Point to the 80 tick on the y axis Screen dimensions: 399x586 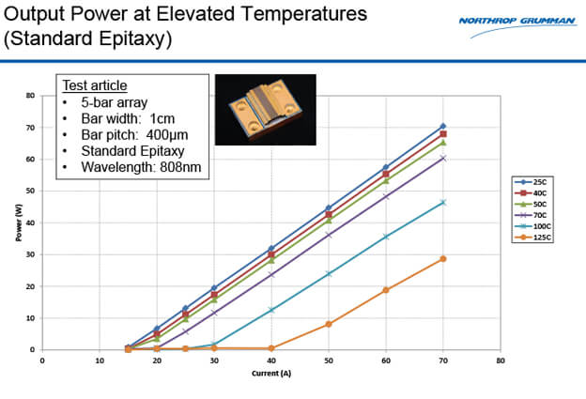tap(31, 96)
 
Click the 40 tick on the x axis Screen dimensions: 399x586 tap(271, 360)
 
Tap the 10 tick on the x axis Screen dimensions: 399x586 tap(100, 360)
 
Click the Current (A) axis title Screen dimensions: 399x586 tap(270, 373)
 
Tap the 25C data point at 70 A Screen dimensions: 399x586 tap(443, 126)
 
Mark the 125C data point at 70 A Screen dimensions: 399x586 tap(443, 258)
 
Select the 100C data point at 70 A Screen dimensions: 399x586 tap(443, 203)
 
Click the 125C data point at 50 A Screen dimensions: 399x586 tap(329, 324)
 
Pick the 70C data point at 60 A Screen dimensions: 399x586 tap(386, 196)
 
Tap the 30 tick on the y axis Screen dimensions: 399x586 tap(31, 254)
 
